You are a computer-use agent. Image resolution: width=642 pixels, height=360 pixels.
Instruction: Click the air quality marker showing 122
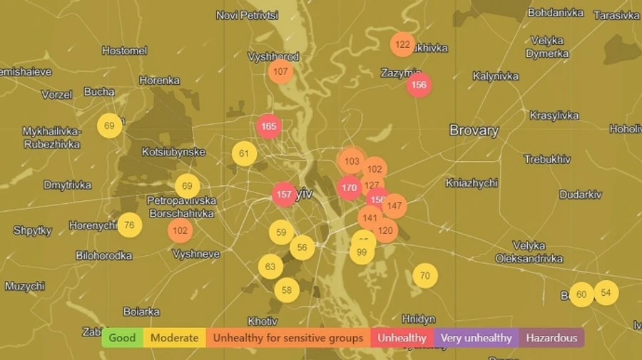click(402, 44)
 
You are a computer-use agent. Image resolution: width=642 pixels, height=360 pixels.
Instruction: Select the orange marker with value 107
click(280, 71)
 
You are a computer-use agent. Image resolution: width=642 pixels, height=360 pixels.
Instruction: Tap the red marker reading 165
click(269, 127)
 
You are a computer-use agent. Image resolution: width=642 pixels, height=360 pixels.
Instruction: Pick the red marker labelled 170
click(349, 188)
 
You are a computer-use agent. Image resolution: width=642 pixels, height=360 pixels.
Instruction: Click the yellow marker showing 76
click(129, 225)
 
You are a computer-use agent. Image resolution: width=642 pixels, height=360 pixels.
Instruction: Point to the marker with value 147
click(394, 206)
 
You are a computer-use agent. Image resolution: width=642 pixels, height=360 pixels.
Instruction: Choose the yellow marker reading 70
click(425, 276)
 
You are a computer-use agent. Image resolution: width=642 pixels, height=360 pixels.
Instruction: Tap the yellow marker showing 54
click(606, 292)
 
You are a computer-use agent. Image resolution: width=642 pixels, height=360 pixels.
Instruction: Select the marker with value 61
click(244, 153)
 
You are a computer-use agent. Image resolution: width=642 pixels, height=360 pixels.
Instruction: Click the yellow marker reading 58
click(287, 290)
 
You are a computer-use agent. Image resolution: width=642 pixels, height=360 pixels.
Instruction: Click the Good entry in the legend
click(122, 338)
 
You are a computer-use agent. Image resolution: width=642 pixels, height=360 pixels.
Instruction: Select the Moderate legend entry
click(175, 338)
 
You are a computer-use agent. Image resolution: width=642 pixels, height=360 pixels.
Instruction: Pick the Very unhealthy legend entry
click(476, 338)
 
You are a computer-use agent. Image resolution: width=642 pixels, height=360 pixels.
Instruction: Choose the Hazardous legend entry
click(551, 338)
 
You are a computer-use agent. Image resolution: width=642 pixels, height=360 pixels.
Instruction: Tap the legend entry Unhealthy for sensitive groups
click(288, 338)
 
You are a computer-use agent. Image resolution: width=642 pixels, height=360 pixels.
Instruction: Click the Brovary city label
click(474, 130)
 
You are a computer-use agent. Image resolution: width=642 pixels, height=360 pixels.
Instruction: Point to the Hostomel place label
click(124, 51)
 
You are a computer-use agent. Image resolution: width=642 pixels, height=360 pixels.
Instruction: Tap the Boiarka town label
click(141, 312)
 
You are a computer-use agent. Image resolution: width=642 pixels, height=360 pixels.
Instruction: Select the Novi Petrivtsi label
click(247, 15)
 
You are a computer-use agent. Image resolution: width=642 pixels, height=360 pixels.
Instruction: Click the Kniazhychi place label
click(472, 183)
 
